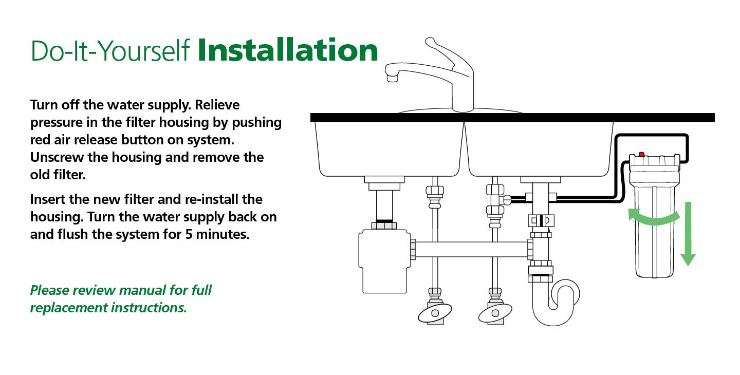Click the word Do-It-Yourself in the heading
point(110,51)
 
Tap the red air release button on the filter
point(641,154)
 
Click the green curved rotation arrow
point(654,217)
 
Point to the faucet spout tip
point(392,78)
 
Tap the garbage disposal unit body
point(384,262)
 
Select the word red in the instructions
point(41,140)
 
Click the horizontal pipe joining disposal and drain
point(470,250)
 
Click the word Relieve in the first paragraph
point(217,105)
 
